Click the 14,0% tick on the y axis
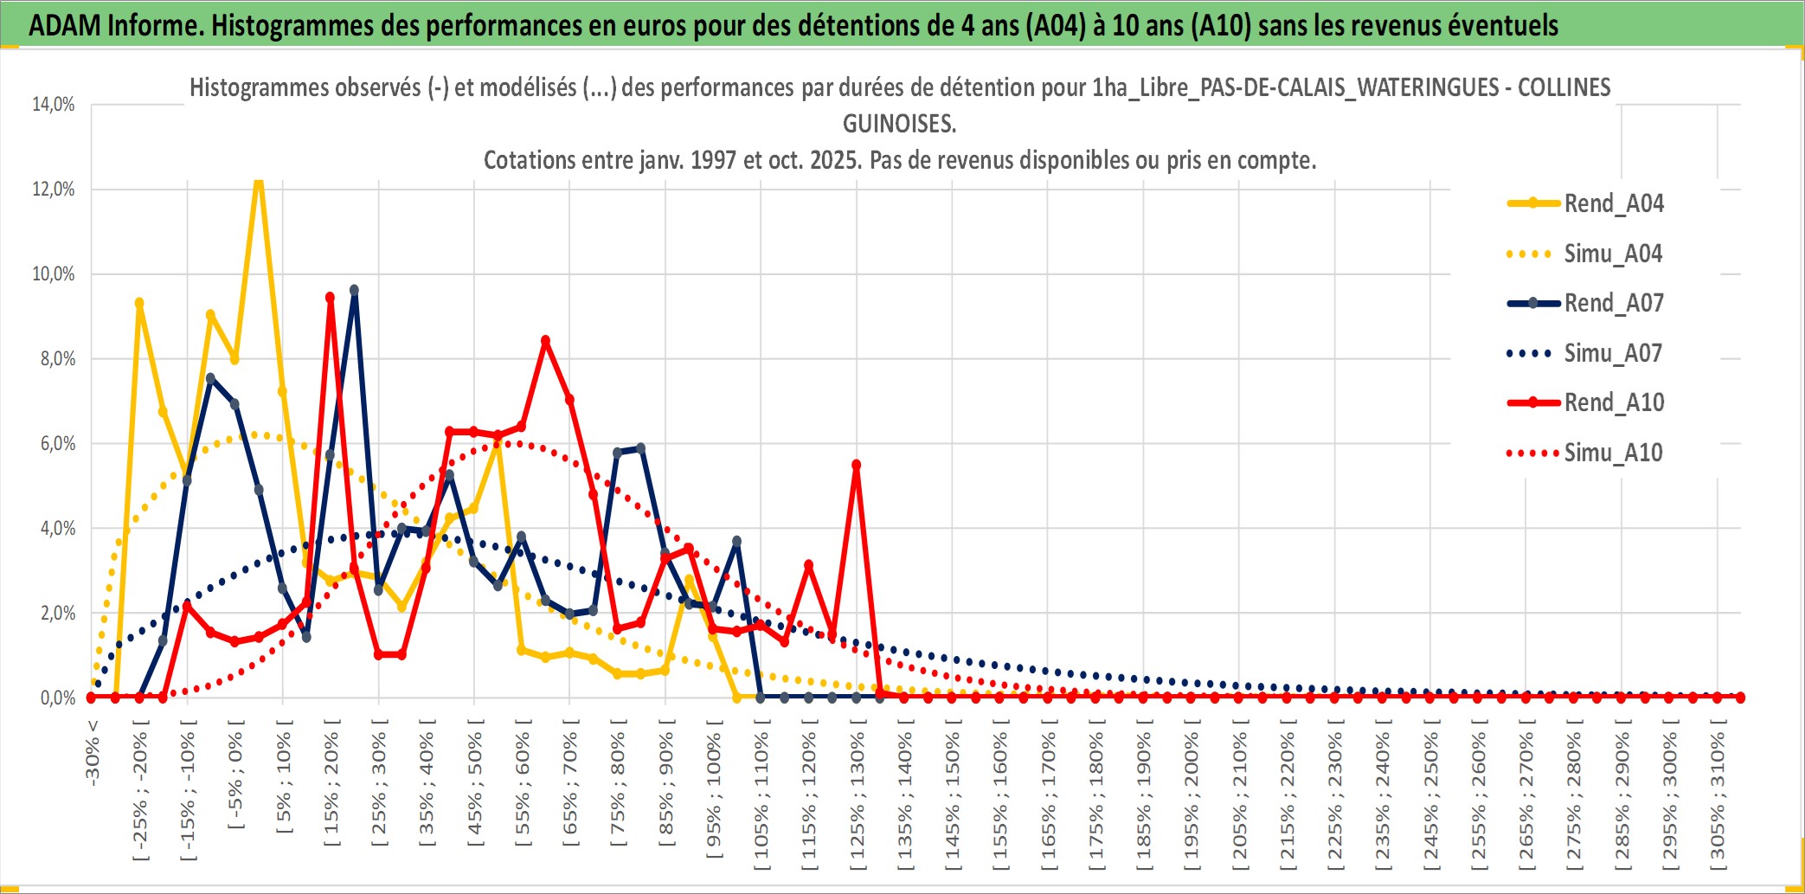54,105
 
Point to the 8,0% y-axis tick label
57,359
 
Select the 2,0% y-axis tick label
57,614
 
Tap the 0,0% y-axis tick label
57,698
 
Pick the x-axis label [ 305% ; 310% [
1717,796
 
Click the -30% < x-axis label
93,753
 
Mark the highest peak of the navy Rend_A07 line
354,291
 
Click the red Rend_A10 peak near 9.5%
330,298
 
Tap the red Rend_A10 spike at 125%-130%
856,465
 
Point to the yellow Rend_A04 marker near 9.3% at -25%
139,303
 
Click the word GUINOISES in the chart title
899,124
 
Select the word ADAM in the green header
65,25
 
